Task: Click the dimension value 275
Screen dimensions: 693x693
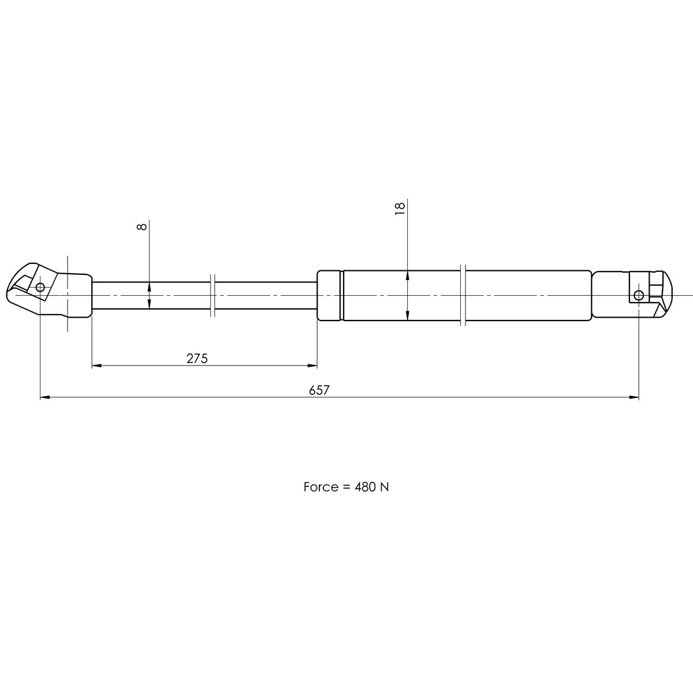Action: [196, 359]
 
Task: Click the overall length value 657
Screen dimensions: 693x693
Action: [319, 390]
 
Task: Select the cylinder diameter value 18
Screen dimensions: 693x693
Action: [400, 208]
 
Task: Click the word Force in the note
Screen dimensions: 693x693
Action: [320, 487]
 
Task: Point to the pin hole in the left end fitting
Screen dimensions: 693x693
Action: [40, 287]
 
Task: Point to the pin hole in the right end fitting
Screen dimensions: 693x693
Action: [638, 296]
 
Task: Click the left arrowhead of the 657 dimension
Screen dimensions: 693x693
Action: [44, 397]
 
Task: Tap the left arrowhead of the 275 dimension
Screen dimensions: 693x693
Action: [96, 366]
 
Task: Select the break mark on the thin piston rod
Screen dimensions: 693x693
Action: [213, 295]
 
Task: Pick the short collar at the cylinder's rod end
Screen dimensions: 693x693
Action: [330, 295]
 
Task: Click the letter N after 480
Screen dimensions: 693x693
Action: [384, 487]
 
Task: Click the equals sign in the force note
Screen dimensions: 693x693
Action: [343, 487]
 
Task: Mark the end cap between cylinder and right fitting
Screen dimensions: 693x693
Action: [609, 295]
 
